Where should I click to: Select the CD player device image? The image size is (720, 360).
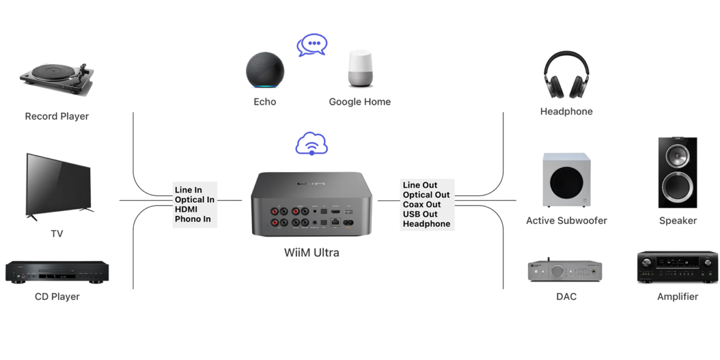click(x=57, y=271)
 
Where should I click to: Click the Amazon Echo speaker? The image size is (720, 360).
click(x=265, y=71)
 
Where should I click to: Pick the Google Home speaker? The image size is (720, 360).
click(x=360, y=69)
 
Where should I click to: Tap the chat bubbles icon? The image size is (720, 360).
click(x=312, y=45)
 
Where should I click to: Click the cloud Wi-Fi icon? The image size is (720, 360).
click(x=312, y=144)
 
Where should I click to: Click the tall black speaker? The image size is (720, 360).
click(x=678, y=173)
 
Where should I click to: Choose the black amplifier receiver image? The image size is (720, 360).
click(x=677, y=268)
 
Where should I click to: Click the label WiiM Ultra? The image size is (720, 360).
click(x=311, y=253)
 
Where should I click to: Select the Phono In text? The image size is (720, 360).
click(x=193, y=219)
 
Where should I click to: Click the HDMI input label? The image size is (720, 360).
click(x=186, y=209)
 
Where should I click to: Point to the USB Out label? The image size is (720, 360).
click(x=420, y=214)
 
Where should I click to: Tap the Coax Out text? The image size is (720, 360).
click(x=422, y=205)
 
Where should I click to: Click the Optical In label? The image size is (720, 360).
click(x=194, y=200)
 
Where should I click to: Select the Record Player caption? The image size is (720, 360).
click(x=57, y=116)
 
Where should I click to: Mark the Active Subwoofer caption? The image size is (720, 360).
click(x=566, y=221)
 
